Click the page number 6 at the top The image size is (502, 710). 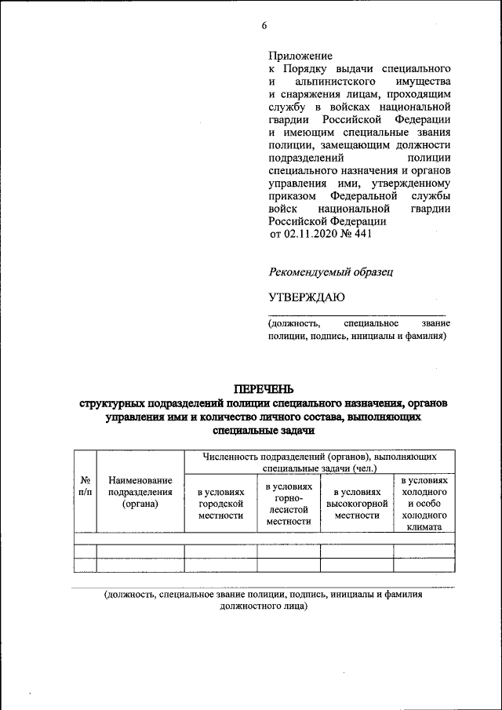(x=264, y=25)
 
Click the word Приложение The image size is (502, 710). (x=300, y=56)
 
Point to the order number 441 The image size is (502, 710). (x=362, y=233)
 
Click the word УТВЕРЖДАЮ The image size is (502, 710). (x=307, y=297)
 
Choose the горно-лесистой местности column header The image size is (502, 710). (x=289, y=504)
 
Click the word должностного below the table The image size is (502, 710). (x=254, y=606)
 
